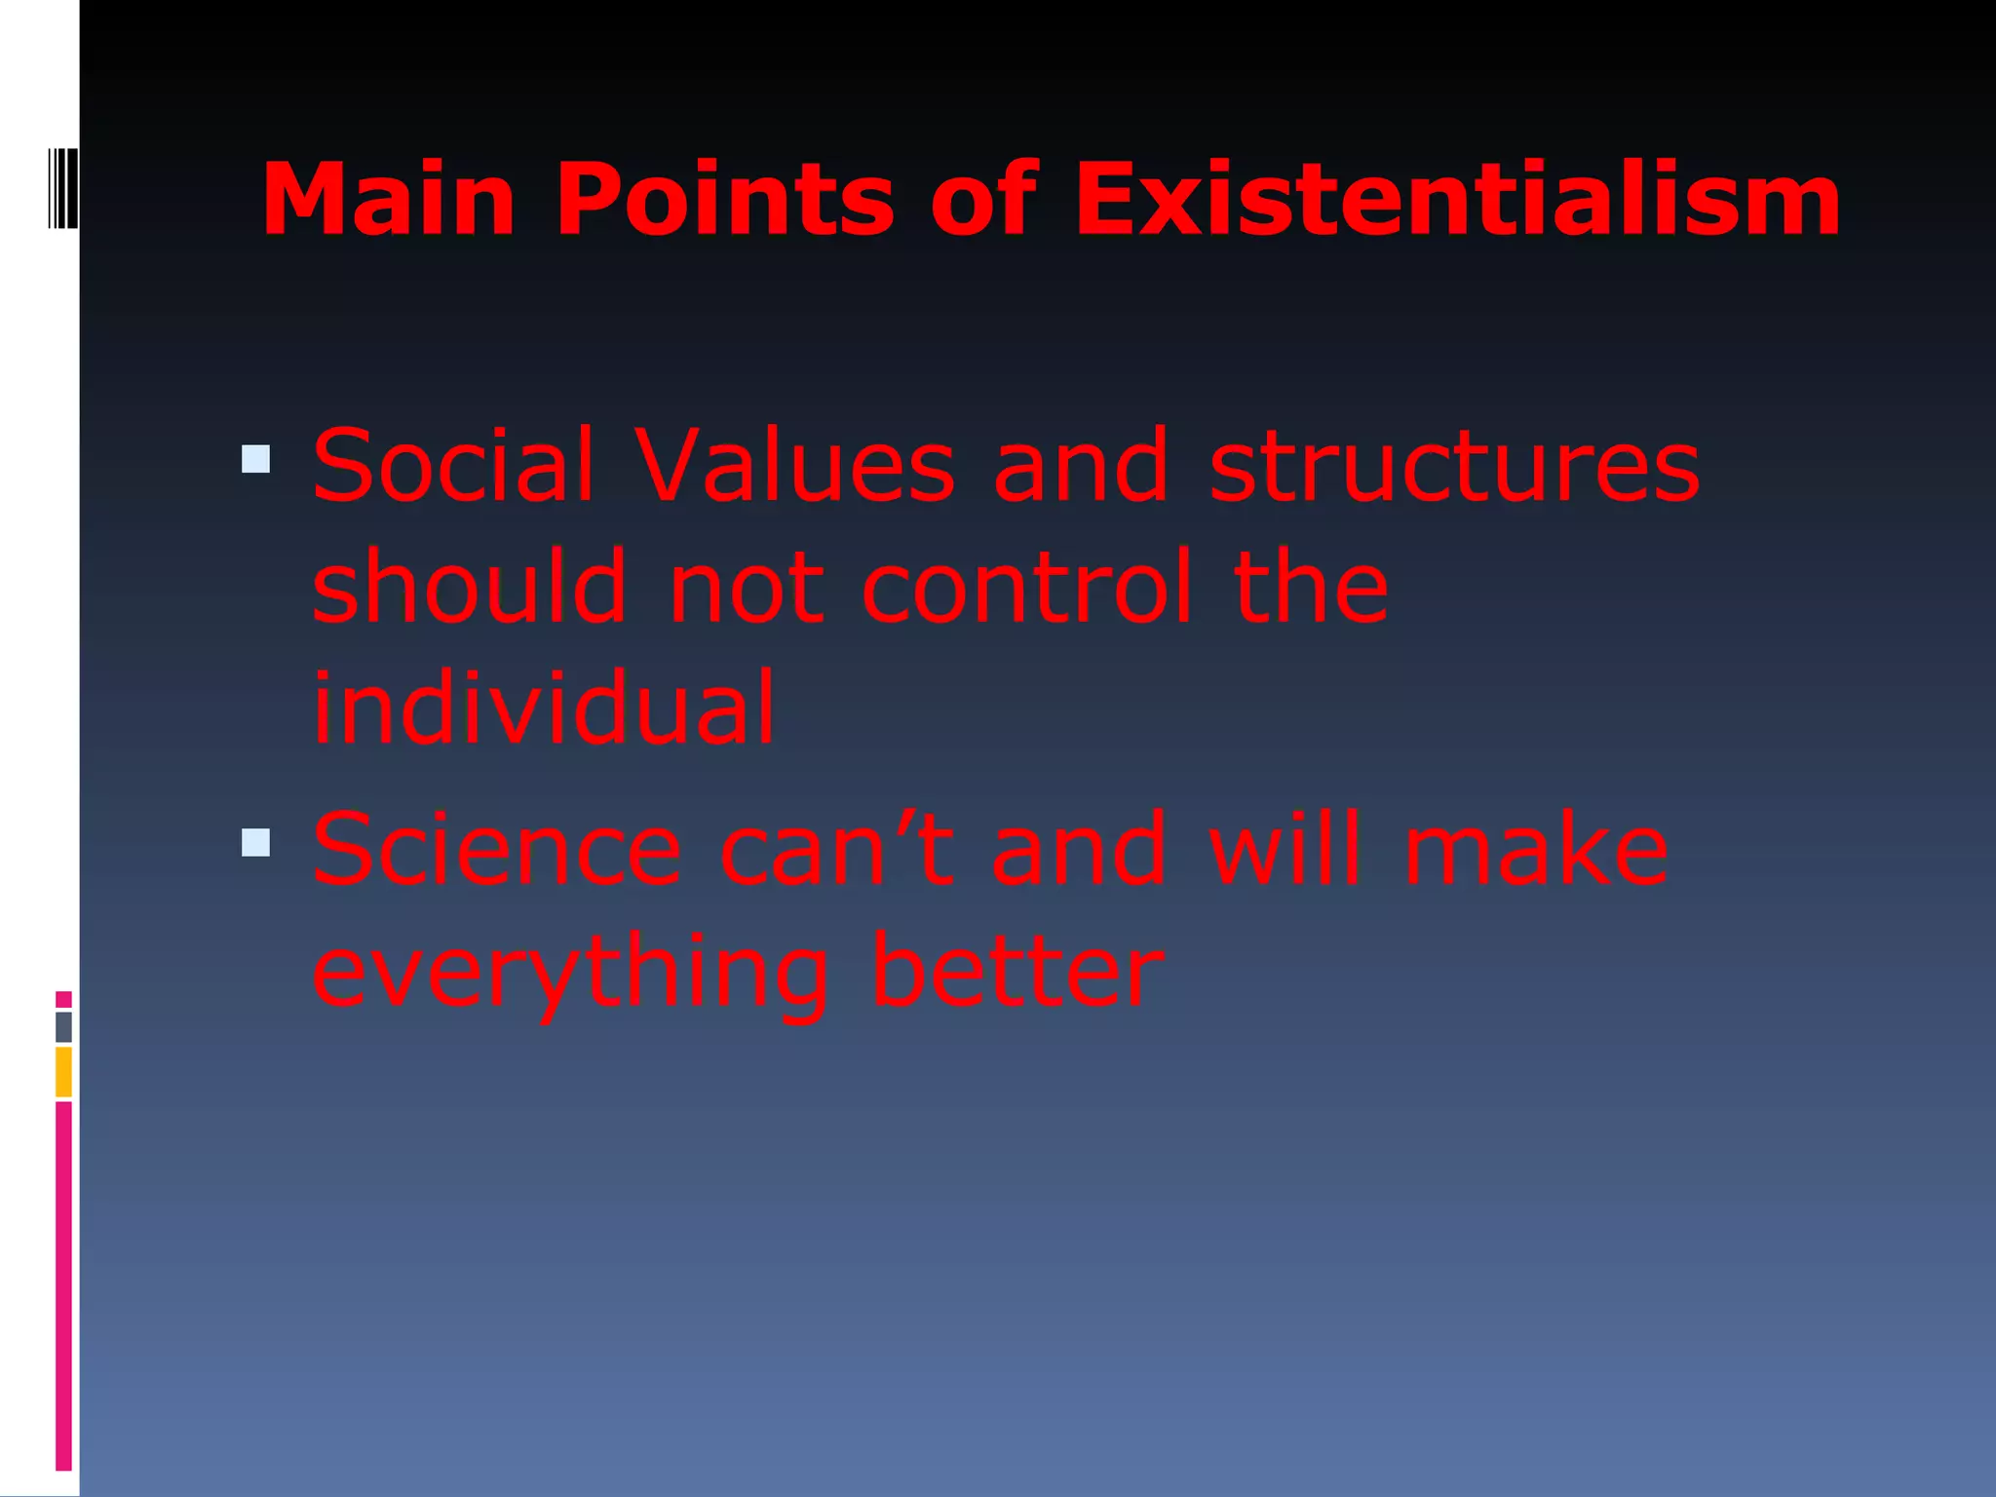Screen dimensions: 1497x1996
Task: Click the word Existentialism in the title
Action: [1457, 200]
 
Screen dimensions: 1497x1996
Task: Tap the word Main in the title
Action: [388, 200]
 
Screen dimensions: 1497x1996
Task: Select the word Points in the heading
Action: [724, 200]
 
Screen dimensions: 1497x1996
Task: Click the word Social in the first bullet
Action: [453, 466]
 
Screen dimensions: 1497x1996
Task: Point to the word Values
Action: [794, 466]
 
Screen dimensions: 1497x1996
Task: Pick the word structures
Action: [1454, 466]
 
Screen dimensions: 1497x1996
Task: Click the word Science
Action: [497, 851]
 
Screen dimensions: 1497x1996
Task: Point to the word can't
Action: [836, 851]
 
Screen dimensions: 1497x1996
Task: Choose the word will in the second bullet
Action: [1284, 851]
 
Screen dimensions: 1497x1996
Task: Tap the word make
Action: [1536, 851]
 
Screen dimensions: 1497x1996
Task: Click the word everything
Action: [570, 973]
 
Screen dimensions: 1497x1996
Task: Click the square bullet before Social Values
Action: [255, 459]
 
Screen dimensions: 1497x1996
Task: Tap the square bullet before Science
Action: [255, 842]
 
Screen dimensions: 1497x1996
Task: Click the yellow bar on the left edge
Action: [63, 1071]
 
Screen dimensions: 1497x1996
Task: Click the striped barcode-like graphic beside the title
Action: [61, 188]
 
